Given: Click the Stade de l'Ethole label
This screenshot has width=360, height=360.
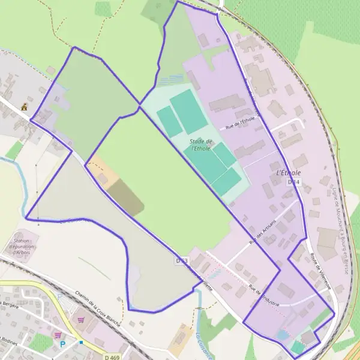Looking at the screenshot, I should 202,145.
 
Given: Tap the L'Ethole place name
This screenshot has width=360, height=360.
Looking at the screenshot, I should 289,172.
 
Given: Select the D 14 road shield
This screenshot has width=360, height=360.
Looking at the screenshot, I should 293,181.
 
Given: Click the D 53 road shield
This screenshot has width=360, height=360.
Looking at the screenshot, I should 182,261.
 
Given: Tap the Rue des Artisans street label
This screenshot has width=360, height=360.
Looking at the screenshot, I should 262,232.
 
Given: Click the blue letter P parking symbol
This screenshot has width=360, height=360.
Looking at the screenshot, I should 63,344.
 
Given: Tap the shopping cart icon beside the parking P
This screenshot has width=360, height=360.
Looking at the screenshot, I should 58,335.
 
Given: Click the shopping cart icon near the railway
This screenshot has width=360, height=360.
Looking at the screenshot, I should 80,320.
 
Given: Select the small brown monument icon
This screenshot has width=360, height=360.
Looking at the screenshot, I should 23,107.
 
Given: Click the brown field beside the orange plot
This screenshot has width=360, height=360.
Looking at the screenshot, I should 126,197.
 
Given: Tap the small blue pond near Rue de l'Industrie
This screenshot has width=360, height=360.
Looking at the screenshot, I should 283,333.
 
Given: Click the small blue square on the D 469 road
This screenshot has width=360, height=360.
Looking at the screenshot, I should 81,343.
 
